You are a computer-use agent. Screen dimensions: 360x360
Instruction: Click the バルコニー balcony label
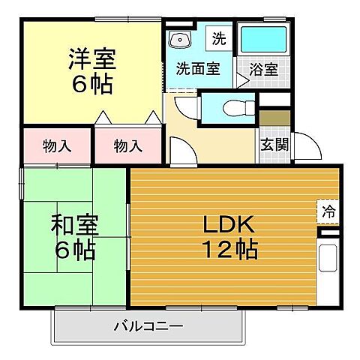148,326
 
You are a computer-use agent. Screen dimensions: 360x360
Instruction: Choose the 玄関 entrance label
274,145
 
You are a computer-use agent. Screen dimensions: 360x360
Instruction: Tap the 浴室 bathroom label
262,69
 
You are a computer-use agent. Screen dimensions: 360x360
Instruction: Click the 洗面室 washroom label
197,69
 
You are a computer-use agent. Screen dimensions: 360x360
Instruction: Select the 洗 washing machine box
218,37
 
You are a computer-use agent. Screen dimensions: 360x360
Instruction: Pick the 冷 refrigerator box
328,211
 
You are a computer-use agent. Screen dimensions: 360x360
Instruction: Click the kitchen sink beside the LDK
328,258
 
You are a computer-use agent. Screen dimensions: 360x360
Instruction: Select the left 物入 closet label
57,145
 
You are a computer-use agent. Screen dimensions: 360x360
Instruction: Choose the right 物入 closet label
127,145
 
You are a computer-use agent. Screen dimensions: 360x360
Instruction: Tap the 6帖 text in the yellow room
92,84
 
